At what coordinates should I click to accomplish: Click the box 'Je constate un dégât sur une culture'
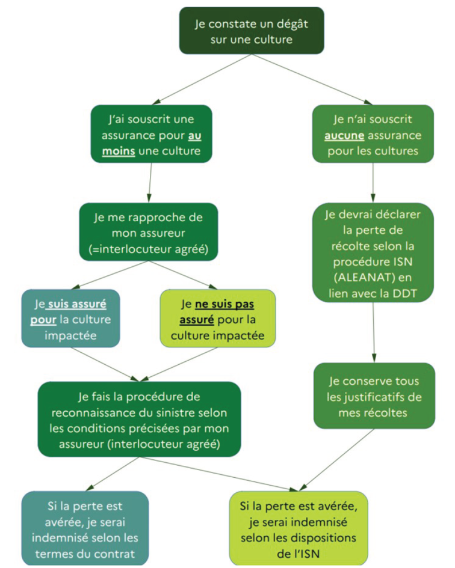pyautogui.click(x=252, y=31)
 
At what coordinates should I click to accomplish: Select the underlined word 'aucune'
pyautogui.click(x=344, y=135)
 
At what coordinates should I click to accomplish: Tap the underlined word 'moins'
pyautogui.click(x=119, y=151)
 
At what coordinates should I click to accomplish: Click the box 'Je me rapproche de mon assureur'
pyautogui.click(x=149, y=232)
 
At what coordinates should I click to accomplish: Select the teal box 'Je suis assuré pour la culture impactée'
pyautogui.click(x=70, y=319)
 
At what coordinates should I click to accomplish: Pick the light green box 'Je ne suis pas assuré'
pyautogui.click(x=218, y=319)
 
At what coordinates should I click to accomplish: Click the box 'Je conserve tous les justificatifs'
pyautogui.click(x=374, y=396)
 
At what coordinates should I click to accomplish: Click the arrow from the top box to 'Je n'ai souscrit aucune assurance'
pyautogui.click(x=312, y=79)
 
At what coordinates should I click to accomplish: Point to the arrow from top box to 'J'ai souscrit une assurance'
pyautogui.click(x=202, y=79)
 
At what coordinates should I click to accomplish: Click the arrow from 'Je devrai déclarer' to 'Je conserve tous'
pyautogui.click(x=374, y=332)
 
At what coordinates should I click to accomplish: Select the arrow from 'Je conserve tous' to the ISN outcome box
pyautogui.click(x=336, y=460)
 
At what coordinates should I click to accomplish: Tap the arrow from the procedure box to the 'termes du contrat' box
pyautogui.click(x=113, y=474)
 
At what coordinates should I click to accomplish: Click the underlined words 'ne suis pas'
pyautogui.click(x=224, y=304)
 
